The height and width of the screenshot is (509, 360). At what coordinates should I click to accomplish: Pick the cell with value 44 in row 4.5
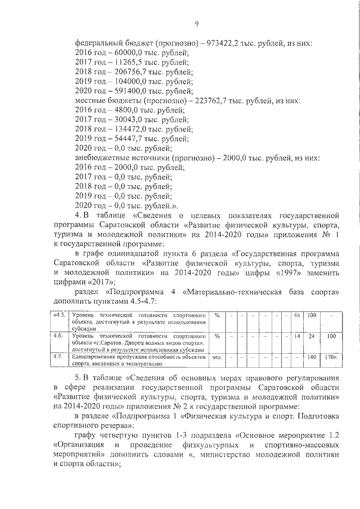pyautogui.click(x=297, y=315)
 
